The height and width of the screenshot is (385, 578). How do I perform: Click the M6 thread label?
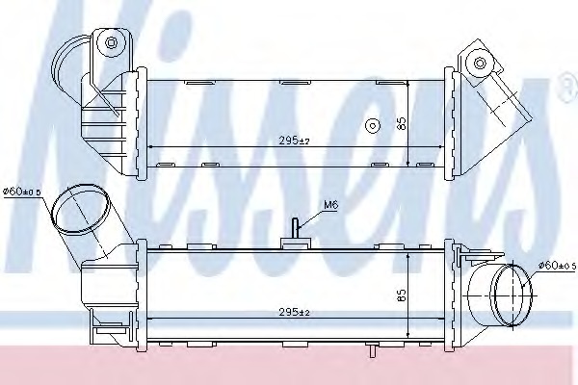pos(330,204)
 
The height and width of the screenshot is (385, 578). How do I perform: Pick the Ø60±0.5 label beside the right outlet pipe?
pos(555,266)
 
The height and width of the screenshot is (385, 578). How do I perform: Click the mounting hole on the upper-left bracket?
pos(112,43)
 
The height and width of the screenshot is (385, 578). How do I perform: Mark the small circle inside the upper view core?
pos(372,125)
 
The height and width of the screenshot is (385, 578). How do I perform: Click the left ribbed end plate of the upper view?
pos(142,120)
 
